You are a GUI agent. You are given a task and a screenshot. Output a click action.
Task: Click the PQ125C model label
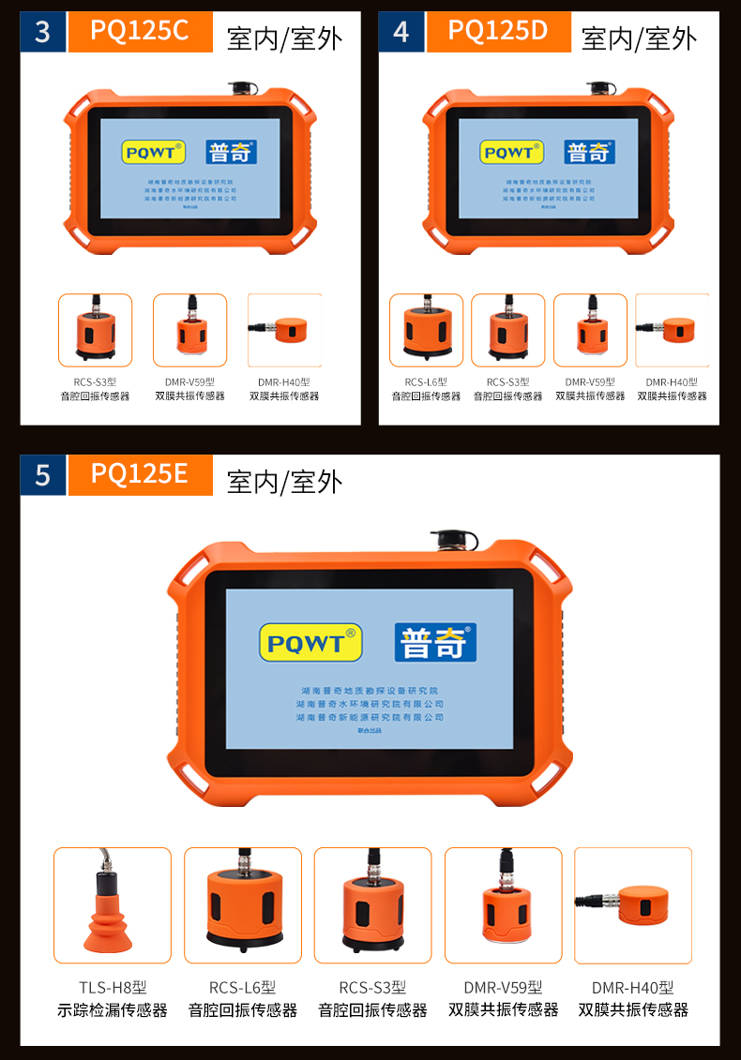click(x=140, y=31)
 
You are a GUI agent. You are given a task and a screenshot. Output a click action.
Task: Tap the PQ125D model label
click(x=498, y=31)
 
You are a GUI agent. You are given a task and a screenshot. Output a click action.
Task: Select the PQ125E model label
click(x=140, y=474)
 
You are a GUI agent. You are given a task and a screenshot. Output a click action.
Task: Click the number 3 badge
click(x=42, y=32)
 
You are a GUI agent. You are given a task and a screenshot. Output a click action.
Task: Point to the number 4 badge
click(x=401, y=32)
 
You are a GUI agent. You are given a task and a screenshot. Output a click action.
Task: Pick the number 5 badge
click(x=42, y=475)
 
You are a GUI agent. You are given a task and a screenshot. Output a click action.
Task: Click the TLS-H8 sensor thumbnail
click(x=113, y=905)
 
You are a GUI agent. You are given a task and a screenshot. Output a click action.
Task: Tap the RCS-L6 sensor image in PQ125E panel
click(x=243, y=905)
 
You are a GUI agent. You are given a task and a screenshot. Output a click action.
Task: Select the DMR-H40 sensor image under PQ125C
click(x=284, y=330)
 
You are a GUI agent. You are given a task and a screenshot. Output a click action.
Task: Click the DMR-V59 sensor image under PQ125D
click(x=590, y=330)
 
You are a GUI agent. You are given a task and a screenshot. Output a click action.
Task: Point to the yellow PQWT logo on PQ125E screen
click(x=310, y=643)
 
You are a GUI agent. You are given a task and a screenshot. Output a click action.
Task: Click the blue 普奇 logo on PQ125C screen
click(x=231, y=152)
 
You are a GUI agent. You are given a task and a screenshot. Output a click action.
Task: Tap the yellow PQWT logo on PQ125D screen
click(x=511, y=152)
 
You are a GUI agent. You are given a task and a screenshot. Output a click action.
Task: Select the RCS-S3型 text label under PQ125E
click(x=372, y=987)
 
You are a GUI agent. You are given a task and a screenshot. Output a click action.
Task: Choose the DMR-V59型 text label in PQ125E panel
click(x=503, y=987)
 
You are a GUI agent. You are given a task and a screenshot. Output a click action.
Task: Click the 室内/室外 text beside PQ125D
click(x=639, y=38)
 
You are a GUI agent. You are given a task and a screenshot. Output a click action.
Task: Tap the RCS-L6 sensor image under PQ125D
click(x=426, y=330)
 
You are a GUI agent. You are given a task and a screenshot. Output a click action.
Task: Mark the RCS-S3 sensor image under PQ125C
click(x=95, y=330)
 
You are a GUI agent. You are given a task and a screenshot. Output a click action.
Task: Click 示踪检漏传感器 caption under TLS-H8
click(x=113, y=1010)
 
